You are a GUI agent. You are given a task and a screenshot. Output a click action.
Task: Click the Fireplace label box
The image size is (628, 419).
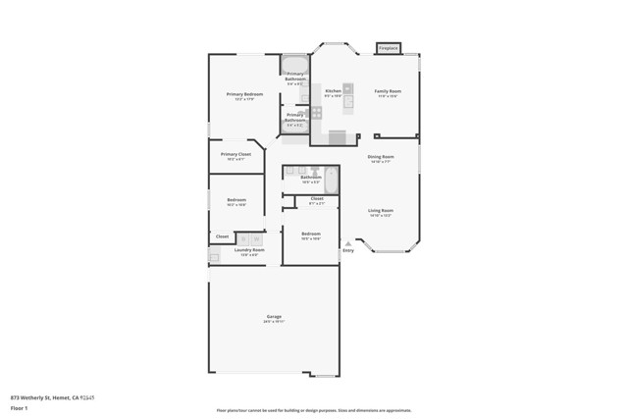click(x=388, y=47)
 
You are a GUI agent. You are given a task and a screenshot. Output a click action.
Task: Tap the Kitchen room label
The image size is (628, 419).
click(x=333, y=91)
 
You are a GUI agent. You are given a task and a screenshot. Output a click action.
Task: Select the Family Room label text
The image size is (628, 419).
click(x=388, y=91)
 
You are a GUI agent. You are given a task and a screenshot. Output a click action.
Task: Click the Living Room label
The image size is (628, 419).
click(x=381, y=210)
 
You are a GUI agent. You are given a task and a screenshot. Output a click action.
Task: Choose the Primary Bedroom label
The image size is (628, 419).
click(x=244, y=94)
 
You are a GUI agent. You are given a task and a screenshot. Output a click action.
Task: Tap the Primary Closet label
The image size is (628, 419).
click(x=235, y=154)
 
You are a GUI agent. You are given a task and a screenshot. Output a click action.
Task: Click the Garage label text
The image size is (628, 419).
click(x=274, y=316)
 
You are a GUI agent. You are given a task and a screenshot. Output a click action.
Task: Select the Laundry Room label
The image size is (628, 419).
click(x=249, y=250)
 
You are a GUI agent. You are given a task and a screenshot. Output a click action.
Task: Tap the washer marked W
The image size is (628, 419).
click(x=242, y=237)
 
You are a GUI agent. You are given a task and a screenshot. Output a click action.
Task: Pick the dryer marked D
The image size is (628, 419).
click(x=256, y=237)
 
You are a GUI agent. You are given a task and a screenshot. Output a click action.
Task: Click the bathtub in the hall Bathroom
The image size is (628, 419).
click(x=331, y=180)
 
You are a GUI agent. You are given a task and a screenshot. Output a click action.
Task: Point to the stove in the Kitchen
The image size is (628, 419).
click(x=317, y=113)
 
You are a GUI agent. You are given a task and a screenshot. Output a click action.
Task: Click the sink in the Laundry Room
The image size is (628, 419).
click(x=215, y=256)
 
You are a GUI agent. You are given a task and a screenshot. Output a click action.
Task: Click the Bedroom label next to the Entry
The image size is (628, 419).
click(x=311, y=234)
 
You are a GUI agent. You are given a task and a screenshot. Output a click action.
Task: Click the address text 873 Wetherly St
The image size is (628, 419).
click(x=44, y=397)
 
